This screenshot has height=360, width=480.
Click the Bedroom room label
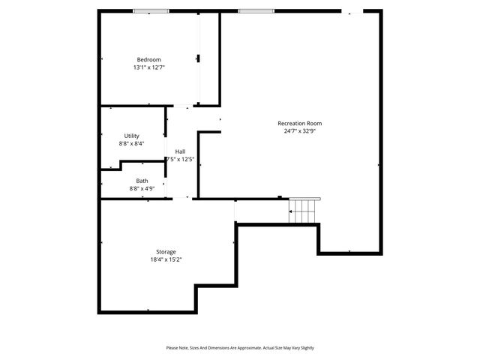[148, 60]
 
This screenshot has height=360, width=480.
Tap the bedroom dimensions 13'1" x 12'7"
[148, 67]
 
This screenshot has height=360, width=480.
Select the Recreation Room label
[299, 123]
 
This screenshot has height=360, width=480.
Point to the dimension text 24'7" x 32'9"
[299, 130]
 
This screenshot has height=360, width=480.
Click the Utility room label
[131, 136]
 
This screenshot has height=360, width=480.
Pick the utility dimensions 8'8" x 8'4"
[131, 143]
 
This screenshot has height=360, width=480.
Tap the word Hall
[181, 151]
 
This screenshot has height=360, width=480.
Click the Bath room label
[142, 181]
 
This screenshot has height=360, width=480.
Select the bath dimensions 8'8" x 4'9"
[142, 188]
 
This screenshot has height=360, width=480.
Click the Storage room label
[166, 252]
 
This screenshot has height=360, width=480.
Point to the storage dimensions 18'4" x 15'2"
[166, 259]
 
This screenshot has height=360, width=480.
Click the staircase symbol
[304, 211]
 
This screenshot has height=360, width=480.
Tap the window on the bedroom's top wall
[151, 11]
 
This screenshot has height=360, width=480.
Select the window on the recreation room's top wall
[255, 11]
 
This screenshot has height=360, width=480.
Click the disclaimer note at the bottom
[240, 348]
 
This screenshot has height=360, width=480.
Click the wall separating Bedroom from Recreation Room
[219, 58]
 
